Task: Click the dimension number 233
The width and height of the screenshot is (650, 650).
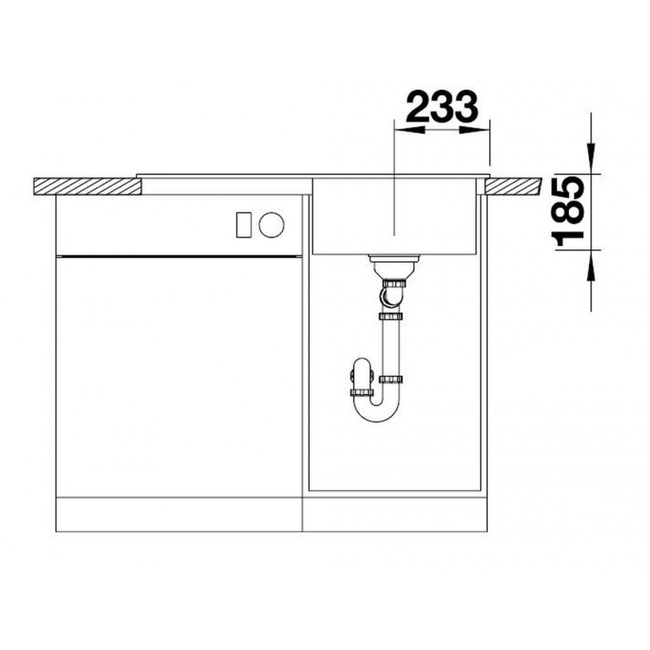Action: click(442, 106)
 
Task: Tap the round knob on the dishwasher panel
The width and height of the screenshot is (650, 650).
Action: click(271, 225)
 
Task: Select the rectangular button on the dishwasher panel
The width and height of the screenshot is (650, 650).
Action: click(244, 225)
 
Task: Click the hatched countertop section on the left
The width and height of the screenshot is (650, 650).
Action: click(87, 186)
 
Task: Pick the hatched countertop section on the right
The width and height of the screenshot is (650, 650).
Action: click(513, 186)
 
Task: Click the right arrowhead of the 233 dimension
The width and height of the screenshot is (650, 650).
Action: click(474, 130)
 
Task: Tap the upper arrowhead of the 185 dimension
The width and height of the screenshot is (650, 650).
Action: click(591, 158)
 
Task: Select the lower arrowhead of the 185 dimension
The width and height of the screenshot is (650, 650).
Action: click(591, 266)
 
